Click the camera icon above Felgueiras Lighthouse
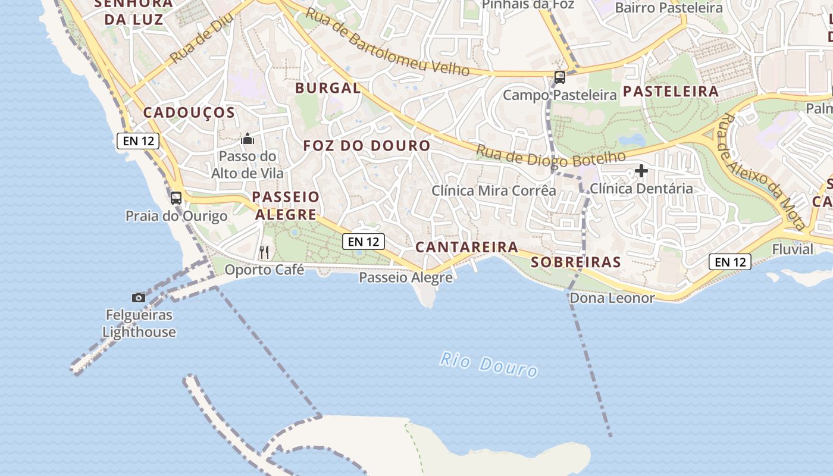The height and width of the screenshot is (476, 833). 138,297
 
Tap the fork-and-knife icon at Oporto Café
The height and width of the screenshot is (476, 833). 264,252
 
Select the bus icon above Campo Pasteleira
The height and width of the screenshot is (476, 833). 559,77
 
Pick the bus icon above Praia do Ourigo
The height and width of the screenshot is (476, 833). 176,198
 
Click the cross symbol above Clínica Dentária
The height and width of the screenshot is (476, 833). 641,171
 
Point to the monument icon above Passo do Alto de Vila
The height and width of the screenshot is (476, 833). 247,139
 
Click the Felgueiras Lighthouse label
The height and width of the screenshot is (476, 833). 139,323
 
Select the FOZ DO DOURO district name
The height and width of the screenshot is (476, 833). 367,146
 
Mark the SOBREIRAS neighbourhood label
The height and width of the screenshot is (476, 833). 575,262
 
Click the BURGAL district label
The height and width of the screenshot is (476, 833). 328,89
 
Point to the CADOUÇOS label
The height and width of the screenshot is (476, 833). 189,113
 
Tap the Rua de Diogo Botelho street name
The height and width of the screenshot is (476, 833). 550,156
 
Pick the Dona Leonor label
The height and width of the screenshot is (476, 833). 612,298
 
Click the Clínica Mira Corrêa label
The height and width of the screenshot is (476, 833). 493,191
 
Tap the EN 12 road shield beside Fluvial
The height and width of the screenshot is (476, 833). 729,262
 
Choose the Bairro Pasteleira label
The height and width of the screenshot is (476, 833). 668,8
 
